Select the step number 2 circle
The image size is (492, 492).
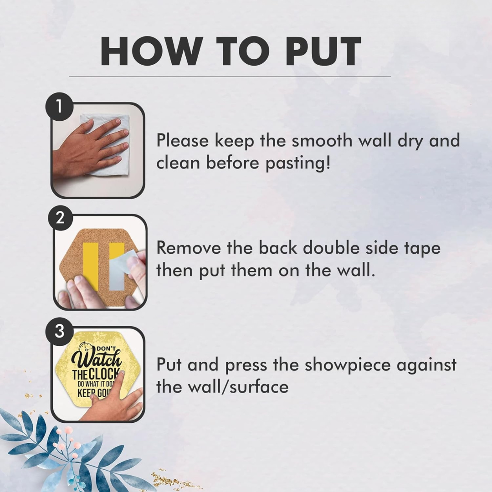(60, 218)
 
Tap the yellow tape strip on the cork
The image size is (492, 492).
(91, 265)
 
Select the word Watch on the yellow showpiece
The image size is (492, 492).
(96, 359)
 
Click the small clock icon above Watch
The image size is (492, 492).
(85, 347)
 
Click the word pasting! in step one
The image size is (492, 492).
(298, 164)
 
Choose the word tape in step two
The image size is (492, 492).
(422, 249)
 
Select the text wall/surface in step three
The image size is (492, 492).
(238, 387)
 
